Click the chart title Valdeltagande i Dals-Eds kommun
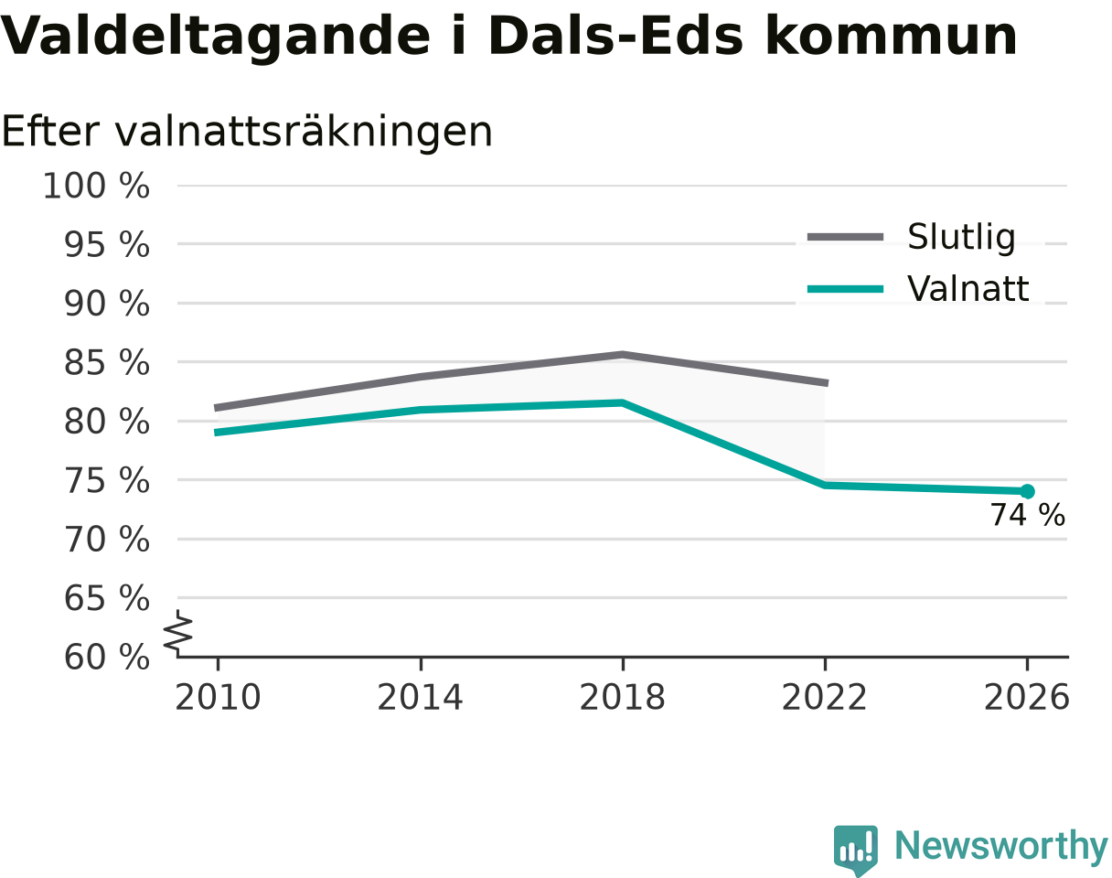pyautogui.click(x=509, y=37)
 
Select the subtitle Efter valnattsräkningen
pyautogui.click(x=247, y=132)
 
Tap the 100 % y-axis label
pyautogui.click(x=96, y=186)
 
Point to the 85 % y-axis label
pyautogui.click(x=107, y=362)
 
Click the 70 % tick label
pyautogui.click(x=107, y=540)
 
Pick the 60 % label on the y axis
pyautogui.click(x=107, y=658)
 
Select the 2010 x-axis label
pyautogui.click(x=218, y=698)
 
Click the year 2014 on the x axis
pyautogui.click(x=420, y=698)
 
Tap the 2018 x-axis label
pyautogui.click(x=622, y=698)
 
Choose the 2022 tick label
pyautogui.click(x=824, y=698)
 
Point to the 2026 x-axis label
pyautogui.click(x=1026, y=698)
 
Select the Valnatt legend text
pyautogui.click(x=968, y=288)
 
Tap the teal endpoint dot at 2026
pyautogui.click(x=1027, y=491)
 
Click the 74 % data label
pyautogui.click(x=1027, y=515)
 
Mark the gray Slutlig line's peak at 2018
pyautogui.click(x=622, y=355)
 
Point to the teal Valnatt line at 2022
pyautogui.click(x=825, y=485)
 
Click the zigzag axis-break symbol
pyautogui.click(x=178, y=634)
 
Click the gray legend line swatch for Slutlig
pyautogui.click(x=845, y=237)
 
